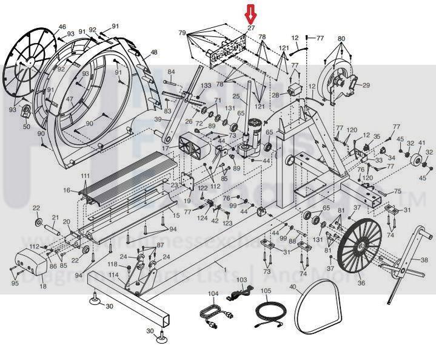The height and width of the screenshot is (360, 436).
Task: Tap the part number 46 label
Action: point(62,27)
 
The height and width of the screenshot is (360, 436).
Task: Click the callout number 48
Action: point(153,53)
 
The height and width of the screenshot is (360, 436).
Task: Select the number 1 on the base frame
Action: point(224,268)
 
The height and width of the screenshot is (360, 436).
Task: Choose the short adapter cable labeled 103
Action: point(236,295)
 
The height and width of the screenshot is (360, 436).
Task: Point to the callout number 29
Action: point(366,86)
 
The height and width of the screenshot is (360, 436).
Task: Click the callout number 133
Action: point(206,86)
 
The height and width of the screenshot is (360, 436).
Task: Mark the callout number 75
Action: point(398,191)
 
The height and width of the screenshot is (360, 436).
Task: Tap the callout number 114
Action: point(113,275)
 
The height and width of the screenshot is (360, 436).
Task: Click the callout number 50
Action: point(26,127)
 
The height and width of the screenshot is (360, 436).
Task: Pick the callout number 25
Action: point(236,96)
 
